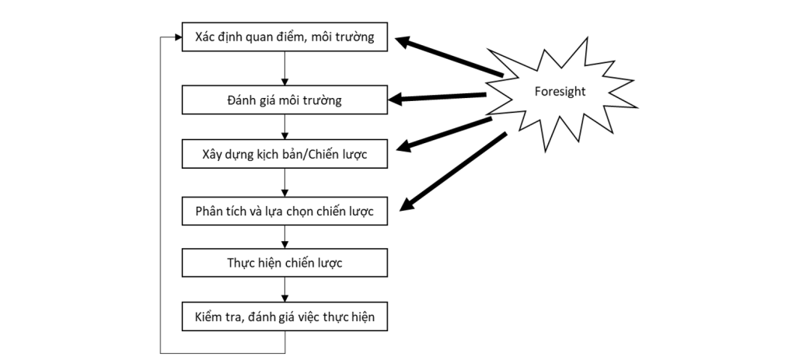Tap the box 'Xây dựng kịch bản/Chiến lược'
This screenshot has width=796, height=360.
pos(285,153)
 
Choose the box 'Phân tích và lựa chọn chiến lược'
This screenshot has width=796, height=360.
pos(285,211)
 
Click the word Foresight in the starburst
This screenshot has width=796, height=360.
pos(560,91)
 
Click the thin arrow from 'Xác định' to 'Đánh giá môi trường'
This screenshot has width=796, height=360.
pos(285,68)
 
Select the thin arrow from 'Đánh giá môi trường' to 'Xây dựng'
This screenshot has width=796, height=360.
pos(285,126)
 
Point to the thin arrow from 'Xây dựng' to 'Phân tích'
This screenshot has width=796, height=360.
pos(285,182)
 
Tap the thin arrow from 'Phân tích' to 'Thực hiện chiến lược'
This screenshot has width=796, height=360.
pos(285,236)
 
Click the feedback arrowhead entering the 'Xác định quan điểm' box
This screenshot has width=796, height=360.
pos(176,37)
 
